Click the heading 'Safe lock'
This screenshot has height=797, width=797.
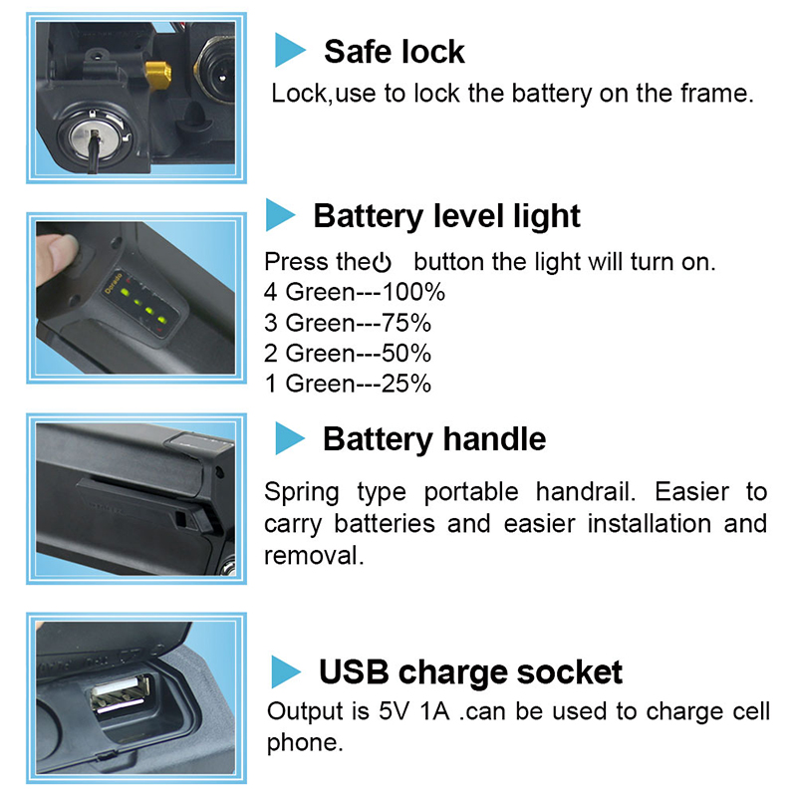click(394, 52)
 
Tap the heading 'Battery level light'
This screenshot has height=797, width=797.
click(446, 217)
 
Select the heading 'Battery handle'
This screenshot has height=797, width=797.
click(434, 439)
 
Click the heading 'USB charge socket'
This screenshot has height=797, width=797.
click(470, 673)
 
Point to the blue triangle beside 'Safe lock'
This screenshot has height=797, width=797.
click(289, 50)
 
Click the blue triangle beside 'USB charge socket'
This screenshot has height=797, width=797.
click(285, 671)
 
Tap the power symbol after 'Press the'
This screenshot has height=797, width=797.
click(382, 263)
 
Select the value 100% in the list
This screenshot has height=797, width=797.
click(413, 292)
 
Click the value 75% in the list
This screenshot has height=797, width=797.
click(406, 323)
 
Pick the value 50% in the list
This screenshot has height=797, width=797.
click(406, 354)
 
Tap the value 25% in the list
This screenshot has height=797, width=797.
click(406, 385)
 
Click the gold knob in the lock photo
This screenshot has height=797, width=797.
click(158, 75)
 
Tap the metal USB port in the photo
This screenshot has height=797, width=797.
click(121, 693)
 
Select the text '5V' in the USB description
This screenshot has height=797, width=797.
click(394, 711)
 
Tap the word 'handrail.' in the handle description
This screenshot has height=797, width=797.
click(586, 492)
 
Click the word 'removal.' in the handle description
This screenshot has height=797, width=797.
click(314, 556)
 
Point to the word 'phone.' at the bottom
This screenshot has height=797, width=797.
click(305, 743)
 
